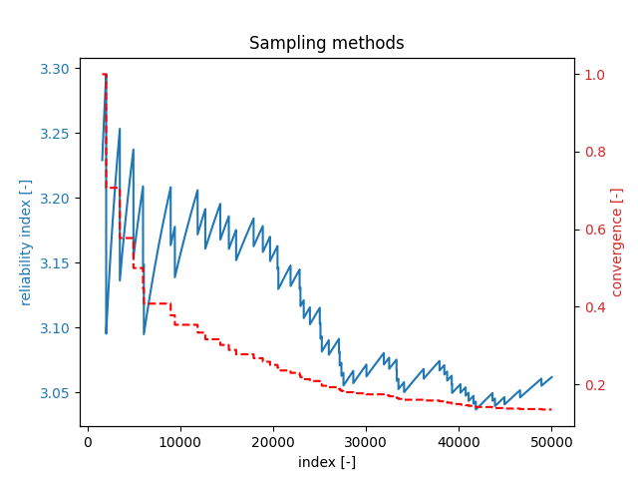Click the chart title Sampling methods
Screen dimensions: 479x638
tap(327, 43)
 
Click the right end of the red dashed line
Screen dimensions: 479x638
tap(551, 410)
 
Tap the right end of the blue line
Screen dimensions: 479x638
tap(552, 377)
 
